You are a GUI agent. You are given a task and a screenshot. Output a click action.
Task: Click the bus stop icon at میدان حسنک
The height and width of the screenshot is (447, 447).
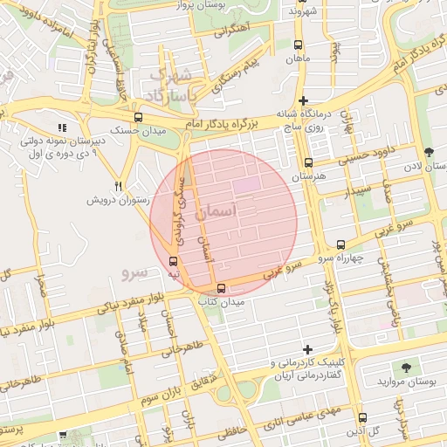click(x=138, y=117)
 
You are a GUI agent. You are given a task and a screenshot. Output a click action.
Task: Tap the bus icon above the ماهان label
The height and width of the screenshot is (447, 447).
click(x=299, y=45)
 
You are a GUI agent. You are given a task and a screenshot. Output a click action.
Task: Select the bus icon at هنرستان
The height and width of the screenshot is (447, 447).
click(x=307, y=162)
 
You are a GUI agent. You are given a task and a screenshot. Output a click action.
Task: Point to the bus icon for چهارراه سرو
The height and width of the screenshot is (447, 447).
click(x=340, y=245)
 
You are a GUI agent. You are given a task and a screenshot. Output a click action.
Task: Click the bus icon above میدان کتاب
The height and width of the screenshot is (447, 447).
click(x=220, y=288)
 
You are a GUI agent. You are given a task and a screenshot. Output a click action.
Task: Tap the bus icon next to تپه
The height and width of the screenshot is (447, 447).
click(x=172, y=261)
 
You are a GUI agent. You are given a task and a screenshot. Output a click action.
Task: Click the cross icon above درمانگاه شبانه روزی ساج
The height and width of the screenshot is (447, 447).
click(x=303, y=100)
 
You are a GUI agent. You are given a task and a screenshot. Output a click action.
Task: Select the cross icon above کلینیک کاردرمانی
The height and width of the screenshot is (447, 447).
click(x=306, y=348)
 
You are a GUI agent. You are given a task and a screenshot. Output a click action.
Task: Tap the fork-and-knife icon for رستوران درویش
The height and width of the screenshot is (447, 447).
click(x=118, y=186)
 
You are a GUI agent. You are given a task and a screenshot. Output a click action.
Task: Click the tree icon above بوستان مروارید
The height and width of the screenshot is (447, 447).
click(x=407, y=368)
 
